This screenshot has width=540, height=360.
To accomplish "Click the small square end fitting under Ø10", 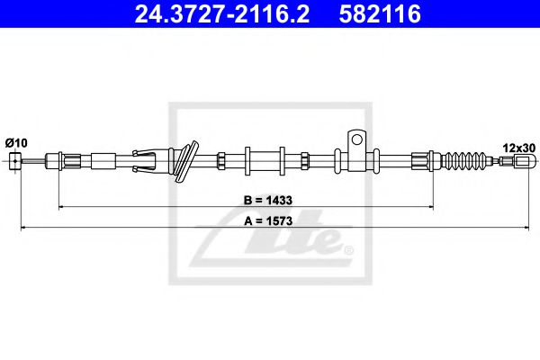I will (14, 161).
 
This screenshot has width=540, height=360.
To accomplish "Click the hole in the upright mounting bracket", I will (356, 140).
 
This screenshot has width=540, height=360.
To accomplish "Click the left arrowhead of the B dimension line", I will (61, 206).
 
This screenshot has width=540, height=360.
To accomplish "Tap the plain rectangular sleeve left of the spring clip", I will (103, 162).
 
